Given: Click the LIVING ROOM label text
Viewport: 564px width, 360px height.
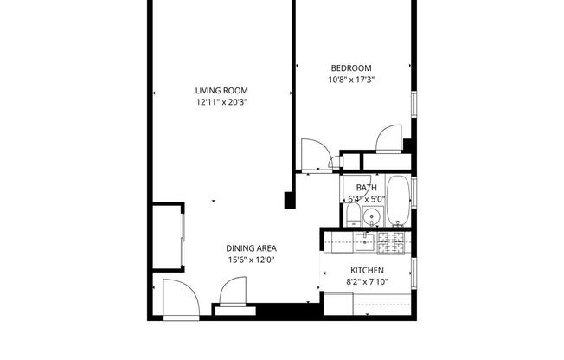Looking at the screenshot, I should (x=222, y=91).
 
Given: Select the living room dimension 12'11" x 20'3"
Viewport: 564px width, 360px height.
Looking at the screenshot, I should (x=222, y=102).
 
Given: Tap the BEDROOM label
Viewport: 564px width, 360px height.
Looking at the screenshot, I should (x=351, y=68).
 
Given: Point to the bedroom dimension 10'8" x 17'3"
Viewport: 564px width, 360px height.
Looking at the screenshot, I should (x=351, y=80).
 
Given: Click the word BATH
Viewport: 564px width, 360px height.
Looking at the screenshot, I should (x=366, y=188).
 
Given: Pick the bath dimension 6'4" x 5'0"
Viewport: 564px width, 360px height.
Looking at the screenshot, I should (x=366, y=198).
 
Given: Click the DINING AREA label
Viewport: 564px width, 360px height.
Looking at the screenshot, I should (x=252, y=248).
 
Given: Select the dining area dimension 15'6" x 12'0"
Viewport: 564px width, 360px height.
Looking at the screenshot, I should (x=252, y=260).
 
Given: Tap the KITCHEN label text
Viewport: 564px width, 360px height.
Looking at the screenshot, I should (x=367, y=270).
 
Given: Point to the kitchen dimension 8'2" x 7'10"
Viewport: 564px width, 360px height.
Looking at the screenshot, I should (x=367, y=281).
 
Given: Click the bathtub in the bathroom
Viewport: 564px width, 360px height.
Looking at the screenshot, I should (x=399, y=201).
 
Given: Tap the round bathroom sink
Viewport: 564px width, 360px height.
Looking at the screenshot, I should (x=372, y=217).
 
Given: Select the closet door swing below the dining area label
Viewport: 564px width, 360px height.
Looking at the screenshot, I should (x=234, y=292).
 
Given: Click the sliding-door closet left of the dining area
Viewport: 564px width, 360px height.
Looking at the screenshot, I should (x=168, y=237).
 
